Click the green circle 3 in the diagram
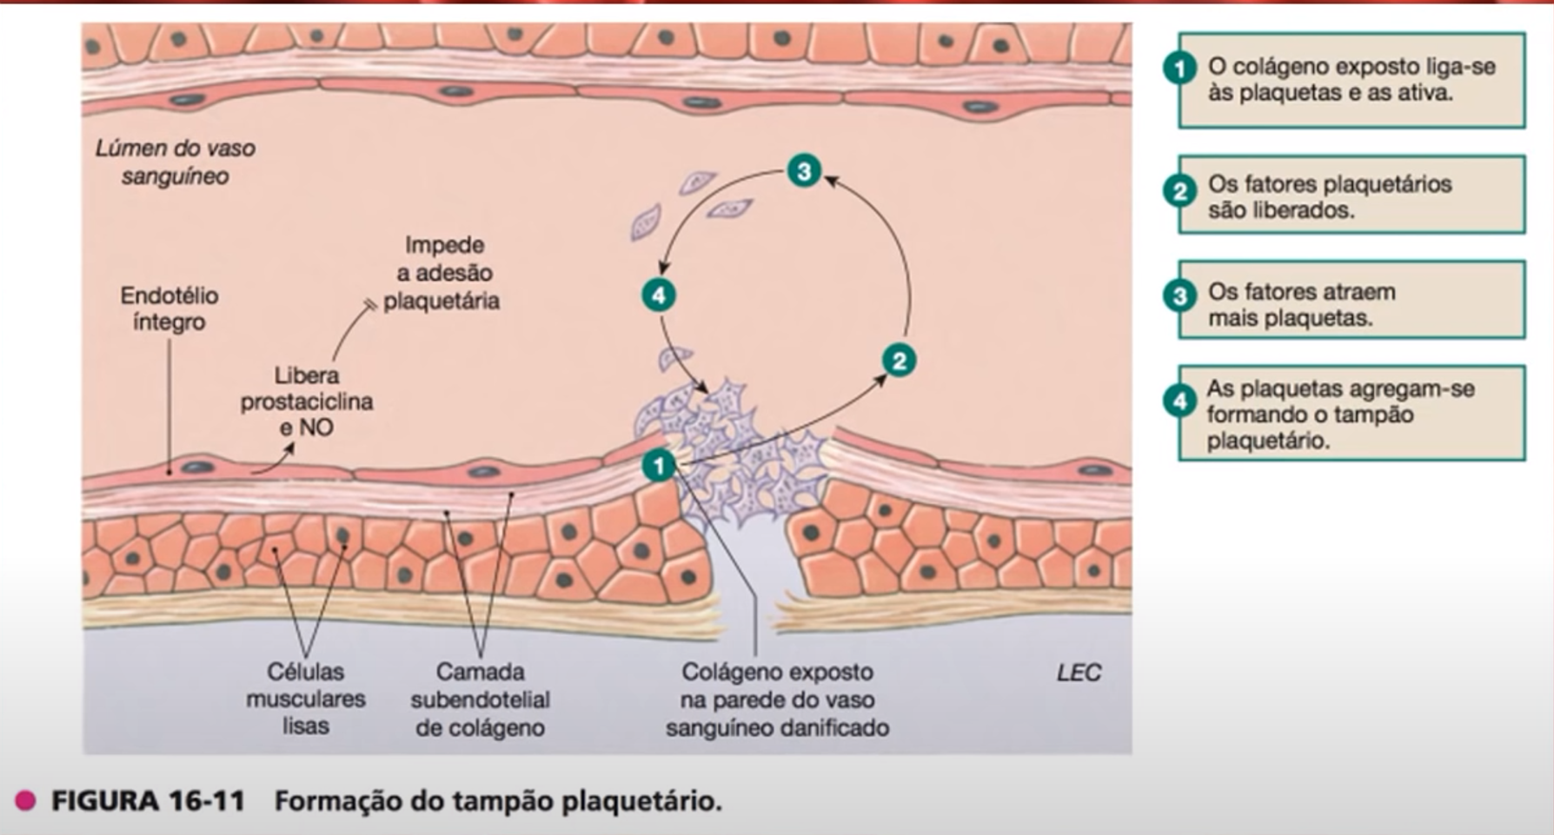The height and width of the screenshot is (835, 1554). (804, 170)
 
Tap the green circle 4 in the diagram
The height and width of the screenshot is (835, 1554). (659, 295)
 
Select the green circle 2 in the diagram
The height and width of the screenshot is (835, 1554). (899, 361)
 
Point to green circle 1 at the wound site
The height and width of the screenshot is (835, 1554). (659, 467)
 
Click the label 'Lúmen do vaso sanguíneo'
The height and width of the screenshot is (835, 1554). (176, 162)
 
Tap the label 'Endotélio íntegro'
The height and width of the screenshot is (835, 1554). (169, 308)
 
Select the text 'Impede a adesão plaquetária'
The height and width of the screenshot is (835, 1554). (442, 273)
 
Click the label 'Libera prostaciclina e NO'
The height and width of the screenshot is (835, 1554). (307, 401)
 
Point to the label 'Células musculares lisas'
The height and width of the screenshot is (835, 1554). (306, 699)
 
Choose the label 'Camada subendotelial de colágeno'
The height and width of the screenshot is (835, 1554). (480, 699)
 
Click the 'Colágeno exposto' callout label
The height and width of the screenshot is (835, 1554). (777, 699)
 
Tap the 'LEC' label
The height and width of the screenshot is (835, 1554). (1079, 673)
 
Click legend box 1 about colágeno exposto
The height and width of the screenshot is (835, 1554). (1351, 80)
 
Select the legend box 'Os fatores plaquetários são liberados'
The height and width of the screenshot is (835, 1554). (1351, 195)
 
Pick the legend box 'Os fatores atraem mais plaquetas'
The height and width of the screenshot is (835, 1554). (1351, 301)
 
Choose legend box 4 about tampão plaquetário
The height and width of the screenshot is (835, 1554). (1351, 414)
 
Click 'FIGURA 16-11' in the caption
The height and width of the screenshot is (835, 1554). (148, 801)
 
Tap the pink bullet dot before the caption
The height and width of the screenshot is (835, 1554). (26, 801)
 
